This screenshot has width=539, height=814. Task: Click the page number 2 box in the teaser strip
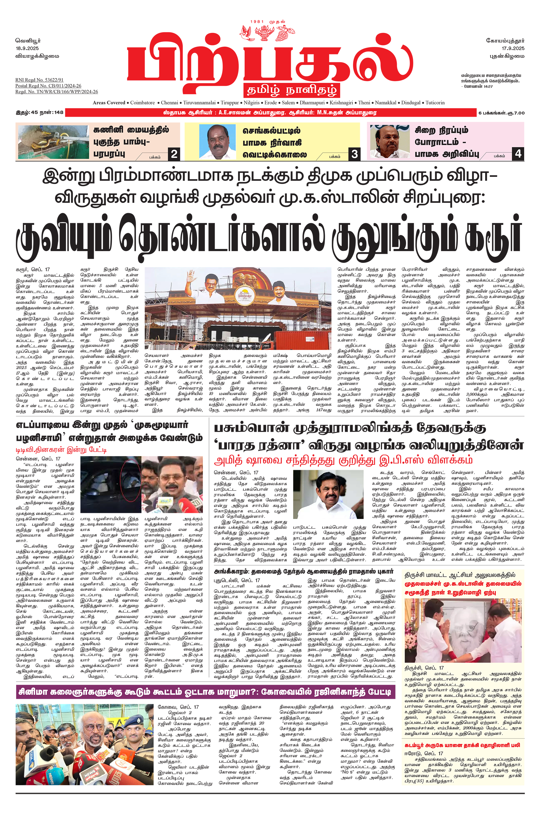tap(174, 154)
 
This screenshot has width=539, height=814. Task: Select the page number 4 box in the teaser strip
tap(518, 153)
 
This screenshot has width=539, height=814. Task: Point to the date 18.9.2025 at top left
tap(27, 48)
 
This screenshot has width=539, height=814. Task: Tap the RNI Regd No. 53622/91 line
tap(39, 80)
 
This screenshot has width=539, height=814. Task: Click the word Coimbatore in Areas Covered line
tap(142, 103)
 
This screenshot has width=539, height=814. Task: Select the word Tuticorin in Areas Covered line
tap(435, 103)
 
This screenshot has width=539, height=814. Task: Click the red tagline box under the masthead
tap(291, 90)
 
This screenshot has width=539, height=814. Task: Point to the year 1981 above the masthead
tap(257, 22)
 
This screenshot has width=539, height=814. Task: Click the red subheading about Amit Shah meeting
tap(343, 460)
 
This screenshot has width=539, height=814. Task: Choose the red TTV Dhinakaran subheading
tap(61, 449)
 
